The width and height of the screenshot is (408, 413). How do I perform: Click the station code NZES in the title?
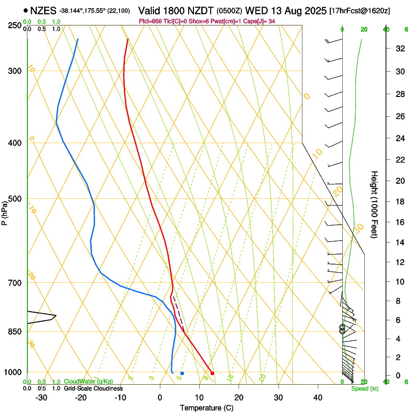[44, 10]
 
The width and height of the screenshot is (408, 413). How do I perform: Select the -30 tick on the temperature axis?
[41, 397]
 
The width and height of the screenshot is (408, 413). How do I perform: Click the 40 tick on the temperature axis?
[318, 397]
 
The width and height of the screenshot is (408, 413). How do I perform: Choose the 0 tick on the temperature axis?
[160, 397]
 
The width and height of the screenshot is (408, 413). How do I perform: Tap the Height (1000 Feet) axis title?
[375, 204]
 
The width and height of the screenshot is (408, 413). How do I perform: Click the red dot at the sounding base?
[212, 373]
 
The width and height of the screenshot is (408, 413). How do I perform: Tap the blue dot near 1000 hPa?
[182, 373]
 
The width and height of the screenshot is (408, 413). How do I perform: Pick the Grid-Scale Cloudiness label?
[93, 389]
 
